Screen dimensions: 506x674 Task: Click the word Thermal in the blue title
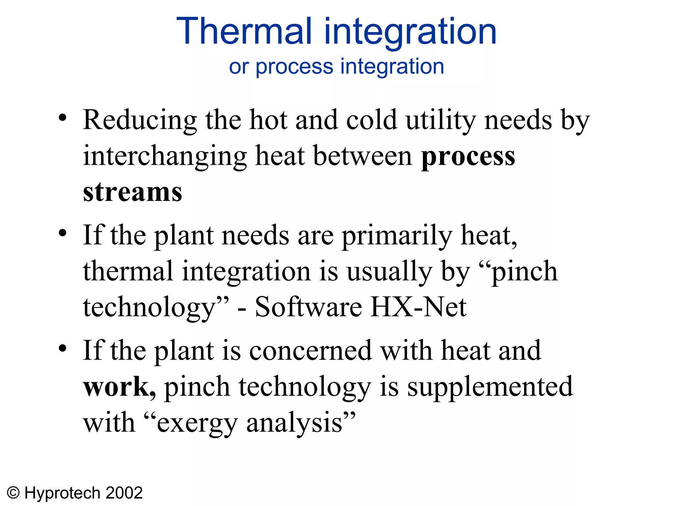click(244, 31)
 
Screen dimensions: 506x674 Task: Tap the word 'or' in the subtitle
click(239, 67)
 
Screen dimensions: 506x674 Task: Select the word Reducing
click(140, 121)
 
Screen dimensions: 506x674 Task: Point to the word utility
click(441, 121)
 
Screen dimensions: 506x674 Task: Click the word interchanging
click(165, 156)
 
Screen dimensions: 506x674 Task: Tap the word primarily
click(397, 236)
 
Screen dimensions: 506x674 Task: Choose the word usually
click(389, 272)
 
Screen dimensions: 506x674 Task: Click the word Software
click(308, 307)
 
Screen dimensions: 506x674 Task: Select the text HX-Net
click(419, 307)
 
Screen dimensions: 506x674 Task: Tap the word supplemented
click(490, 387)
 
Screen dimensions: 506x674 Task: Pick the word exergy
click(197, 424)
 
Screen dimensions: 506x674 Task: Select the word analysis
click(295, 424)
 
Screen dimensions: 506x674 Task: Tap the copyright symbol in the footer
click(13, 493)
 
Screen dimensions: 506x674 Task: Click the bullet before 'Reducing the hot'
click(63, 118)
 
